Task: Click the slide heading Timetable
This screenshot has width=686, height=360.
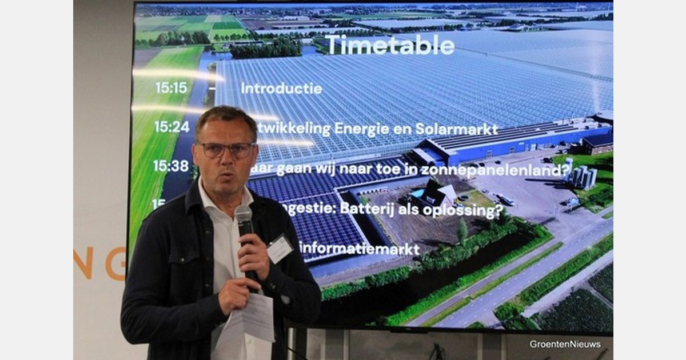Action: pos(389,45)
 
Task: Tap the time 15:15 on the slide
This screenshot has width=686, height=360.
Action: pos(171,88)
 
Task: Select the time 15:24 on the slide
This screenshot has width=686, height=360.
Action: pos(171,127)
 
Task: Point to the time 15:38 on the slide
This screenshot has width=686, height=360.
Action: pos(170,166)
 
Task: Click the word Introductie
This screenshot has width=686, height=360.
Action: pos(281,89)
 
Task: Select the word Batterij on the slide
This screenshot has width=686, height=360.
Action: pos(366,209)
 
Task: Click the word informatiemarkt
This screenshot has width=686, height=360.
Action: pos(359,249)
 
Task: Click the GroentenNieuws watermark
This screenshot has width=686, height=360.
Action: pos(565,344)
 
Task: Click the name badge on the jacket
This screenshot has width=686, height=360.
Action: pos(280,249)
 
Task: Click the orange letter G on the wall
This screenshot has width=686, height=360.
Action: pos(115,263)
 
